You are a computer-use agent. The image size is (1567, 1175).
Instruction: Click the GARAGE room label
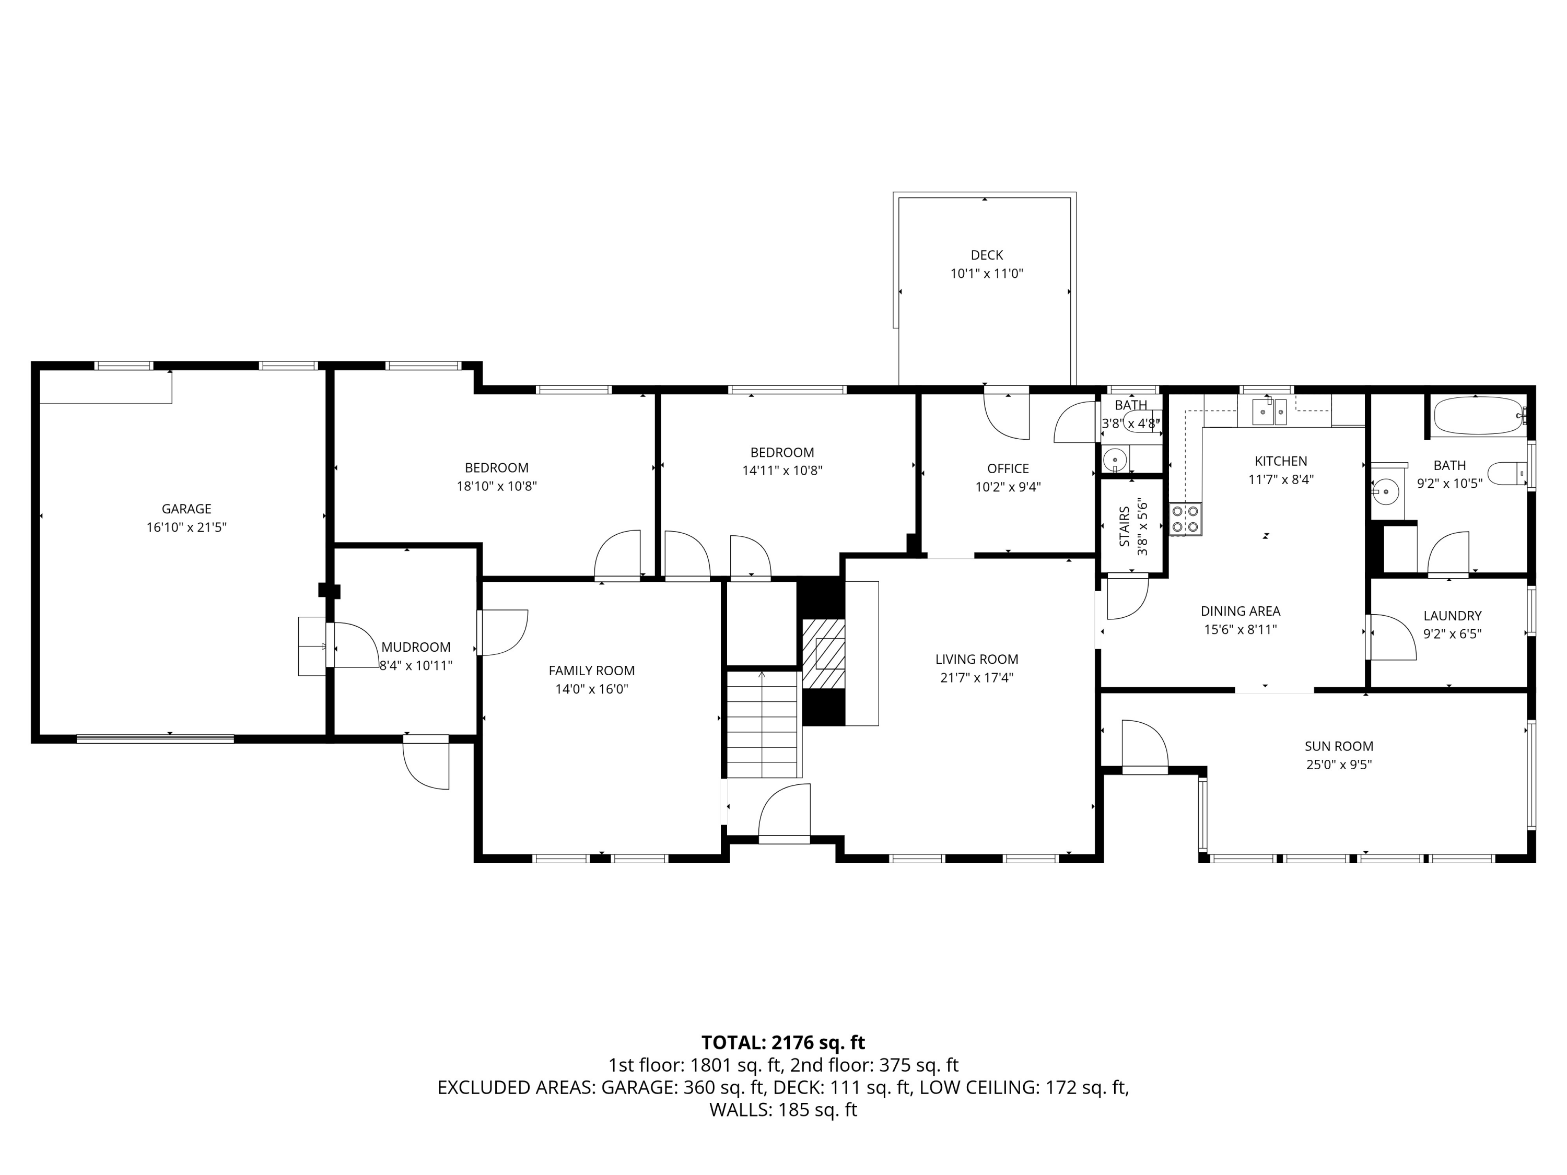pyautogui.click(x=186, y=509)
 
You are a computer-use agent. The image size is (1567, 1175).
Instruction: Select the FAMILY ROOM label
pyautogui.click(x=591, y=671)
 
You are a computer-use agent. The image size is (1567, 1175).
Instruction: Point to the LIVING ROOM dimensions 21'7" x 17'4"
pyautogui.click(x=977, y=678)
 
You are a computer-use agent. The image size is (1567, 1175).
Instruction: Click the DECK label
pyautogui.click(x=987, y=255)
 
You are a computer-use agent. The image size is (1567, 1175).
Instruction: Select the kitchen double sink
pyautogui.click(x=1269, y=412)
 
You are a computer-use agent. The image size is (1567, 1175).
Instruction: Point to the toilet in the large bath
pyautogui.click(x=1507, y=473)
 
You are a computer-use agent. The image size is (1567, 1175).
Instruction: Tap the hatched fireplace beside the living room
pyautogui.click(x=823, y=654)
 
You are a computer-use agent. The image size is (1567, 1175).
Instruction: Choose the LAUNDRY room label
pyautogui.click(x=1452, y=616)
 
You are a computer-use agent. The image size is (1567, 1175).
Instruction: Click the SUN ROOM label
pyautogui.click(x=1339, y=746)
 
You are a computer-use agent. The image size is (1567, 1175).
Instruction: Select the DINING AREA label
pyautogui.click(x=1241, y=611)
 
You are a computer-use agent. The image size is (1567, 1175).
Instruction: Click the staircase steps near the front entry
pyautogui.click(x=763, y=724)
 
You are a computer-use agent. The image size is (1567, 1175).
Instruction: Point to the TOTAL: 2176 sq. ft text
pyautogui.click(x=783, y=1042)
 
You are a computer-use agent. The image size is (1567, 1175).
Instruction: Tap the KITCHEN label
pyautogui.click(x=1281, y=461)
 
